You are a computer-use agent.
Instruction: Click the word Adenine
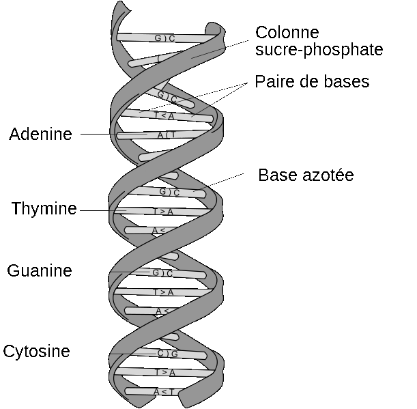tap(40, 135)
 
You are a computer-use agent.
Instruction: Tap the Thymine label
tap(44, 209)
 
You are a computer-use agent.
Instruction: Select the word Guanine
tap(40, 271)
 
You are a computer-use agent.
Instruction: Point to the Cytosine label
tap(36, 352)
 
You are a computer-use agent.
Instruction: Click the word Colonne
tap(287, 33)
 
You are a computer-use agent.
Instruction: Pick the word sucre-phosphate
tap(319, 50)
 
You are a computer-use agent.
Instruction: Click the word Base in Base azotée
tap(275, 175)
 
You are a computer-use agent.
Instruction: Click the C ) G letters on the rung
tap(168, 354)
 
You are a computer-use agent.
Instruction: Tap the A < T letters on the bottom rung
tap(164, 391)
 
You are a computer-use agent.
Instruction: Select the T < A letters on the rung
tap(164, 115)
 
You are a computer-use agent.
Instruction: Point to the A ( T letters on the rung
tap(166, 135)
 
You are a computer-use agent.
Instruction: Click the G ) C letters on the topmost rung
tap(165, 38)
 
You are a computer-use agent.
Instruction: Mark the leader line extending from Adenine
tap(96, 135)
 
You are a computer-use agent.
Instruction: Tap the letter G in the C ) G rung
tap(175, 354)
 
